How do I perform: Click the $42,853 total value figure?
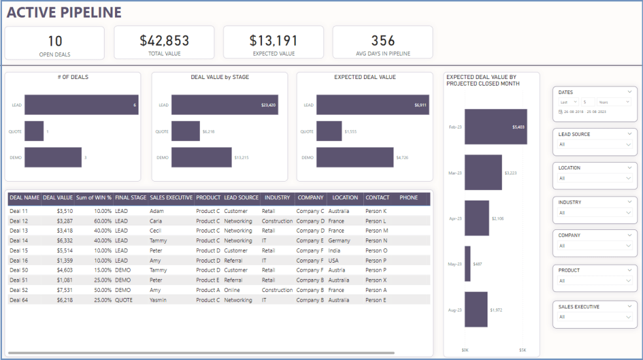tap(164, 41)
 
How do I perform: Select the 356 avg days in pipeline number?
tap(382, 41)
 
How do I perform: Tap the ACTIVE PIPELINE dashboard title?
tap(64, 12)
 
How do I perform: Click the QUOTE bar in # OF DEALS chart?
tap(34, 131)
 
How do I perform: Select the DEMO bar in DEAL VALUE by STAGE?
tap(201, 157)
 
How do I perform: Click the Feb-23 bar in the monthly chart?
tap(495, 126)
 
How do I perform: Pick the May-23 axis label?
tap(454, 264)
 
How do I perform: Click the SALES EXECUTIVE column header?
tap(171, 197)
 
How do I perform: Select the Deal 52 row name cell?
tap(19, 290)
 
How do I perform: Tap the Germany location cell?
tap(340, 240)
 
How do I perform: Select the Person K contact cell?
tap(376, 211)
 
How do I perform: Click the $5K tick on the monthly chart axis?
tap(522, 350)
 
